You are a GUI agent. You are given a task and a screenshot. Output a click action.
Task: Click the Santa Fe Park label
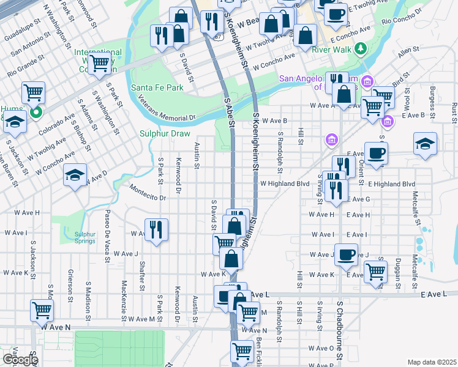(x=157, y=88)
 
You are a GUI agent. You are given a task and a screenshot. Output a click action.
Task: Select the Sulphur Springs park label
(x=85, y=237)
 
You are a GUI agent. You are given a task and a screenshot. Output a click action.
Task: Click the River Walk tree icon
(x=361, y=48)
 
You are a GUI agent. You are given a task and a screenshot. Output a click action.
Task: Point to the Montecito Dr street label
(x=147, y=194)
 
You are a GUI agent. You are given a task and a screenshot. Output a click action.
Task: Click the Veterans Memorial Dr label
(x=166, y=107)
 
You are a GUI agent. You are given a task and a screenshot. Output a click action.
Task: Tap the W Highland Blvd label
(x=285, y=183)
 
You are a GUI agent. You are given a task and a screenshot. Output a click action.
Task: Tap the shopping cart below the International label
(x=99, y=62)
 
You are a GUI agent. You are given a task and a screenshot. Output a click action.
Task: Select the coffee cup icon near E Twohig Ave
(x=335, y=13)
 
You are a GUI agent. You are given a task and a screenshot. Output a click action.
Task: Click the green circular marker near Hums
(x=36, y=112)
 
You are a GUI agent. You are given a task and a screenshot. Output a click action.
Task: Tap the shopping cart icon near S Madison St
(x=42, y=310)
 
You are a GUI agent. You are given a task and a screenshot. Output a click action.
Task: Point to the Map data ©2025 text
(x=431, y=362)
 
